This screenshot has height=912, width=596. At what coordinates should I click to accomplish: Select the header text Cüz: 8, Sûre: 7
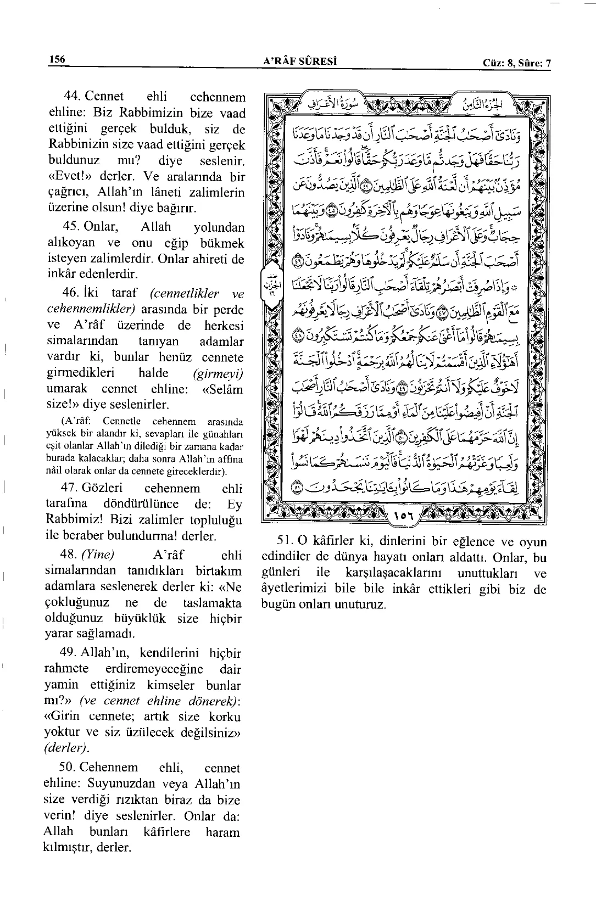pyautogui.click(x=516, y=63)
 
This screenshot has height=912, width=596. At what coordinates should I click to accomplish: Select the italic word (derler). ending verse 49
pyautogui.click(x=66, y=747)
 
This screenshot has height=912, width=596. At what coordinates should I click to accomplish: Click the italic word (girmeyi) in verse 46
pyautogui.click(x=218, y=373)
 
